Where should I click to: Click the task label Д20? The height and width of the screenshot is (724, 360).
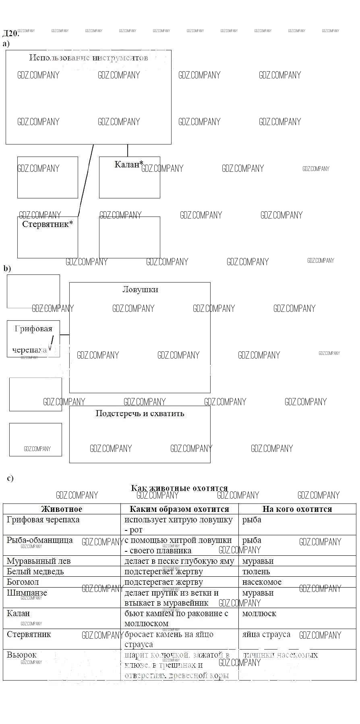10,33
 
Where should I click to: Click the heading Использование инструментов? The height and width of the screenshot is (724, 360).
89,58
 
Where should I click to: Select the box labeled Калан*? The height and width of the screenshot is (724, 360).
129,177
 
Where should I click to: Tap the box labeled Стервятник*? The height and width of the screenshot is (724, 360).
48,237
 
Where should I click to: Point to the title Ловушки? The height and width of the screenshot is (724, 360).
140,289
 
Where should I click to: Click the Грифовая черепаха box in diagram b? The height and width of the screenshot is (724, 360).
33,339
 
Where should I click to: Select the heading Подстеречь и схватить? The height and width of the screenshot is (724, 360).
140,413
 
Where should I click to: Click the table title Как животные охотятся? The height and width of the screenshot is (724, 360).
179,488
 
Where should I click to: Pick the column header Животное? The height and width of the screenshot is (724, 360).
62,509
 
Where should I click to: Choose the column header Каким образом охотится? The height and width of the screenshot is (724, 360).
179,509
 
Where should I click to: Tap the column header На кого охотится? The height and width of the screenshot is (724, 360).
297,509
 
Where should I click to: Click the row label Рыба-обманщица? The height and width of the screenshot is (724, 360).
40,540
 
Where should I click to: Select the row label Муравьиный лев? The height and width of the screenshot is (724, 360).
39,561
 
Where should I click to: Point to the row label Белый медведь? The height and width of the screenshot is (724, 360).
35,571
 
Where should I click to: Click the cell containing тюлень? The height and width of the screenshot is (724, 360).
256,571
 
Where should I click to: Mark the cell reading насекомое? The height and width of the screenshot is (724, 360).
262,582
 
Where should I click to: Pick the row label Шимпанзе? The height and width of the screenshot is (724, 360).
27,593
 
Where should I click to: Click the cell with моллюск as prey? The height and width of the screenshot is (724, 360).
259,614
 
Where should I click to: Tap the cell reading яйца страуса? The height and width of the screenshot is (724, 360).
266,635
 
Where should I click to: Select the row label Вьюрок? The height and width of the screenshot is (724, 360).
22,655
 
